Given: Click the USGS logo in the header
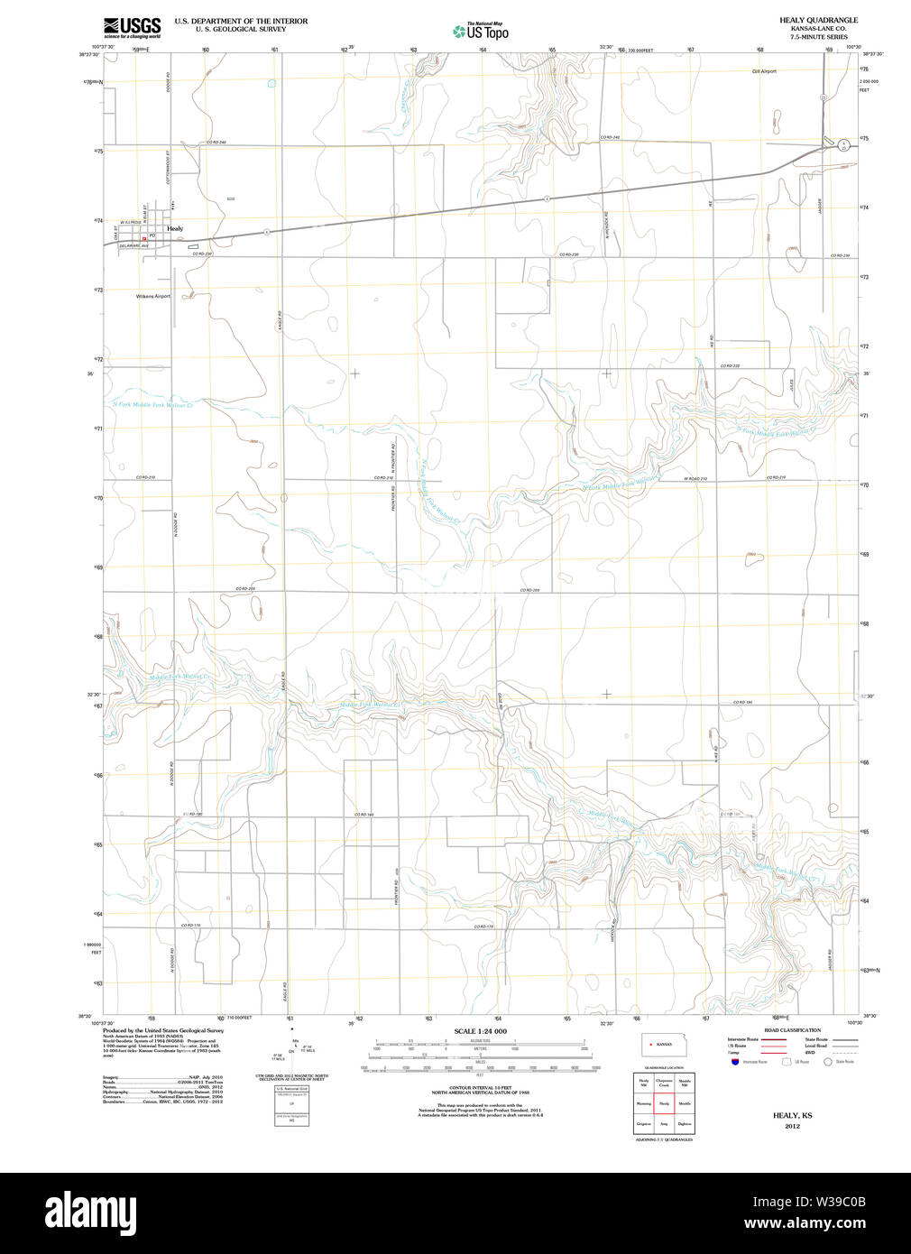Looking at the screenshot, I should [x=132, y=26].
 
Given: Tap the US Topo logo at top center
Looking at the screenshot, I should [x=481, y=32].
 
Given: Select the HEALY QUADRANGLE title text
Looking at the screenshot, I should [x=818, y=20].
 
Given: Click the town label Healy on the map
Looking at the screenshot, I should [x=175, y=229].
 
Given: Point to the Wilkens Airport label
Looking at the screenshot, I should [x=152, y=296].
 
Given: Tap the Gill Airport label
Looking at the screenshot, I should [x=763, y=71].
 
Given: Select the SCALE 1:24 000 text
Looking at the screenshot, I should [x=480, y=1031].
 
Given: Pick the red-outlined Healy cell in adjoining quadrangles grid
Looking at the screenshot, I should [x=664, y=1103].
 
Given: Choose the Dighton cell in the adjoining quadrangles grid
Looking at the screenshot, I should [x=685, y=1124].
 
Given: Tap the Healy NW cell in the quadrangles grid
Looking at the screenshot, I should [x=644, y=1083].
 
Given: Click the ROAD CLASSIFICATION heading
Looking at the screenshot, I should [x=792, y=1030].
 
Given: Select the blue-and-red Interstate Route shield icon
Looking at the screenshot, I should [x=735, y=1062].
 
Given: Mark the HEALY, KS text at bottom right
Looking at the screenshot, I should [x=792, y=1116].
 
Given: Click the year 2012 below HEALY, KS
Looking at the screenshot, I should [x=792, y=1126].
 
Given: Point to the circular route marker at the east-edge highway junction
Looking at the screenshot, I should [x=842, y=144].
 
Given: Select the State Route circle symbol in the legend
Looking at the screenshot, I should [x=831, y=1062].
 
